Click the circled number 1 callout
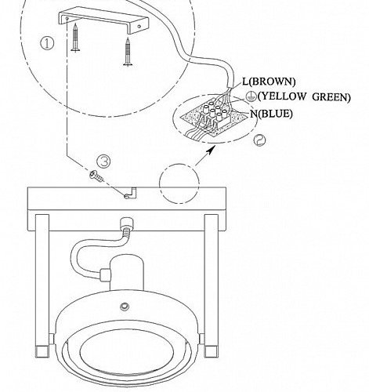point(47,43)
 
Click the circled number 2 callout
point(259,140)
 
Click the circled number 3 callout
point(103,162)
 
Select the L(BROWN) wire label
point(269,82)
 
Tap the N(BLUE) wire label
point(271,114)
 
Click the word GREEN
point(330,97)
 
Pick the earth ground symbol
point(251,96)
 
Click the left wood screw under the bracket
point(75,37)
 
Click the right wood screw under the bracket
point(128,52)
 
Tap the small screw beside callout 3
point(96,176)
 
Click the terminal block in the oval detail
point(214,116)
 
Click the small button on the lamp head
point(125,306)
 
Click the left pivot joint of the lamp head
point(52,339)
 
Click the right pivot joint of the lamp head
point(201,339)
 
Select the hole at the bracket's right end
point(139,27)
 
